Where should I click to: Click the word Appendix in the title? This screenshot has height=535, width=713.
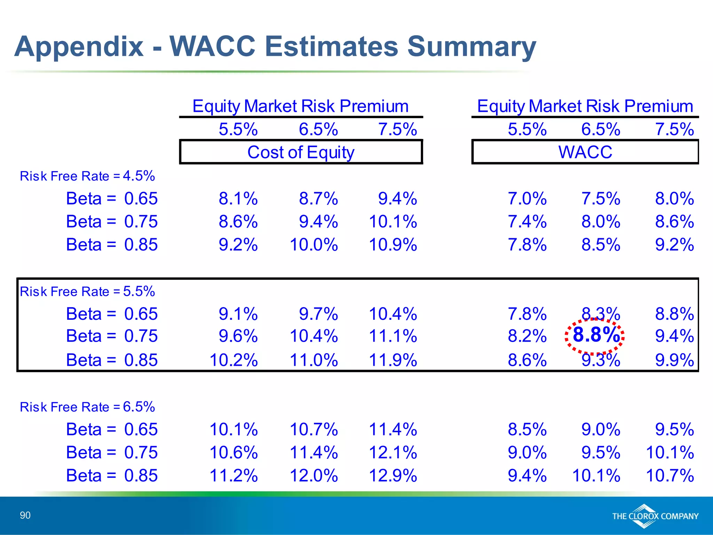pyautogui.click(x=79, y=47)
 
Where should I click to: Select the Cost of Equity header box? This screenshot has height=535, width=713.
pyautogui.click(x=301, y=152)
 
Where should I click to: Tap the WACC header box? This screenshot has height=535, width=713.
pyautogui.click(x=585, y=152)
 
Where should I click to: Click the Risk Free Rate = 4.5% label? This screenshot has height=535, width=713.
pyautogui.click(x=87, y=176)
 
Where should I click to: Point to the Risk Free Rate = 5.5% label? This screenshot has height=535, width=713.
pyautogui.click(x=87, y=291)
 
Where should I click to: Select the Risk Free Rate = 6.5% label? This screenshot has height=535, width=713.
pyautogui.click(x=87, y=407)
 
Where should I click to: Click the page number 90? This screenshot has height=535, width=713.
pyautogui.click(x=25, y=515)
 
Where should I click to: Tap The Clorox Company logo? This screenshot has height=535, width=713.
pyautogui.click(x=655, y=516)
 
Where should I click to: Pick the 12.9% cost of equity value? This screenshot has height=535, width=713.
pyautogui.click(x=393, y=475)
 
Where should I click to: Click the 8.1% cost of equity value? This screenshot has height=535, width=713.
pyautogui.click(x=238, y=199)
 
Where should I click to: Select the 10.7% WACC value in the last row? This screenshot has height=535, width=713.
pyautogui.click(x=669, y=475)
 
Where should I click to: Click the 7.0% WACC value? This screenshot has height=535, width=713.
pyautogui.click(x=527, y=199)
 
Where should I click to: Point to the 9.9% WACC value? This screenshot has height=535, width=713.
pyautogui.click(x=674, y=360)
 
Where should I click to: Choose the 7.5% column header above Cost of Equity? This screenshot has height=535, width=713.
pyautogui.click(x=397, y=129)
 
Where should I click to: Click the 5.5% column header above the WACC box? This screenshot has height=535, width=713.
pyautogui.click(x=527, y=129)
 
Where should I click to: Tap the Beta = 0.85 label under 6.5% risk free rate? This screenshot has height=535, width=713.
pyautogui.click(x=112, y=475)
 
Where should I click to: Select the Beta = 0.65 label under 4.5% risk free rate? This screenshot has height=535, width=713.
pyautogui.click(x=112, y=199)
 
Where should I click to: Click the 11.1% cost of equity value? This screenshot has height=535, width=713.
pyautogui.click(x=393, y=336)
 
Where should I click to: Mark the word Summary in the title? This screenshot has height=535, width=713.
pyautogui.click(x=472, y=47)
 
